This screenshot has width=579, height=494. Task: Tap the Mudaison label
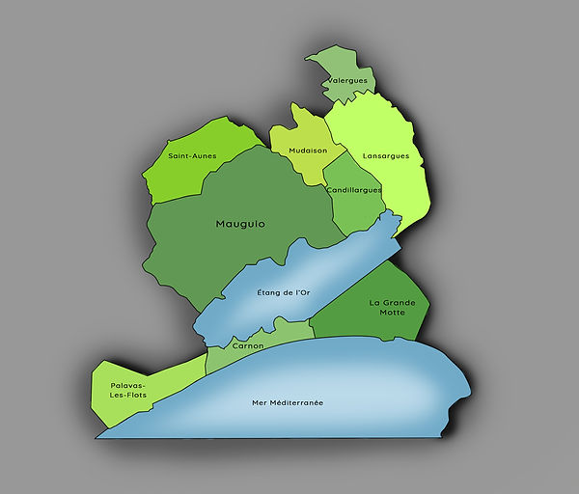[x=308, y=151]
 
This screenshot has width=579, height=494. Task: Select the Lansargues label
[x=386, y=155]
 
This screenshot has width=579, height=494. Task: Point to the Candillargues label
[x=354, y=190]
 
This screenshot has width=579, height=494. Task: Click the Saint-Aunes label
[x=192, y=155]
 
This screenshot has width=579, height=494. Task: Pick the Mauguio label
[x=240, y=224]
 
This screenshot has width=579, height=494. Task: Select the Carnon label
[x=247, y=344]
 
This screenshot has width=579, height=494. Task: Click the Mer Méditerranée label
[x=287, y=401]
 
